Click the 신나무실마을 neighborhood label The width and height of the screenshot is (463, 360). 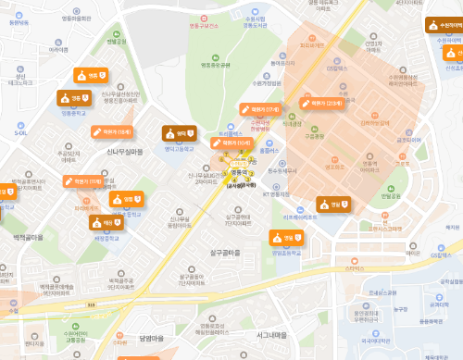click(x=125, y=151)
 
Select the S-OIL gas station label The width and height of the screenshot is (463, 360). click(x=20, y=132)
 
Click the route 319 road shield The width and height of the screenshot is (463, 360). click(x=91, y=303)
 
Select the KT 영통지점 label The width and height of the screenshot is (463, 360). click(x=277, y=194)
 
